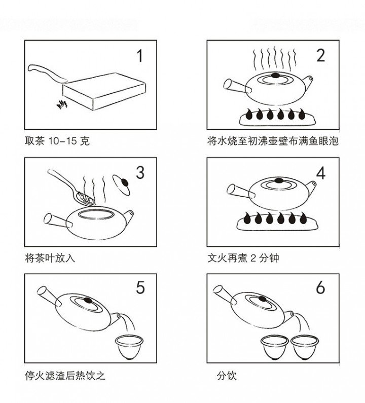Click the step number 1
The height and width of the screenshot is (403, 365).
point(139,55)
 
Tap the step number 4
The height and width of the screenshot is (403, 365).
point(320,173)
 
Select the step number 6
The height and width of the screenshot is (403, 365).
point(320,288)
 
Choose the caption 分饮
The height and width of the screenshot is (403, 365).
point(227,376)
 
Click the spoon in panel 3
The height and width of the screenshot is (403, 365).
point(71,185)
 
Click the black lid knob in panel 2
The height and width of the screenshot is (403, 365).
point(276,76)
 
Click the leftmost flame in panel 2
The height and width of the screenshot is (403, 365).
point(249,115)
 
